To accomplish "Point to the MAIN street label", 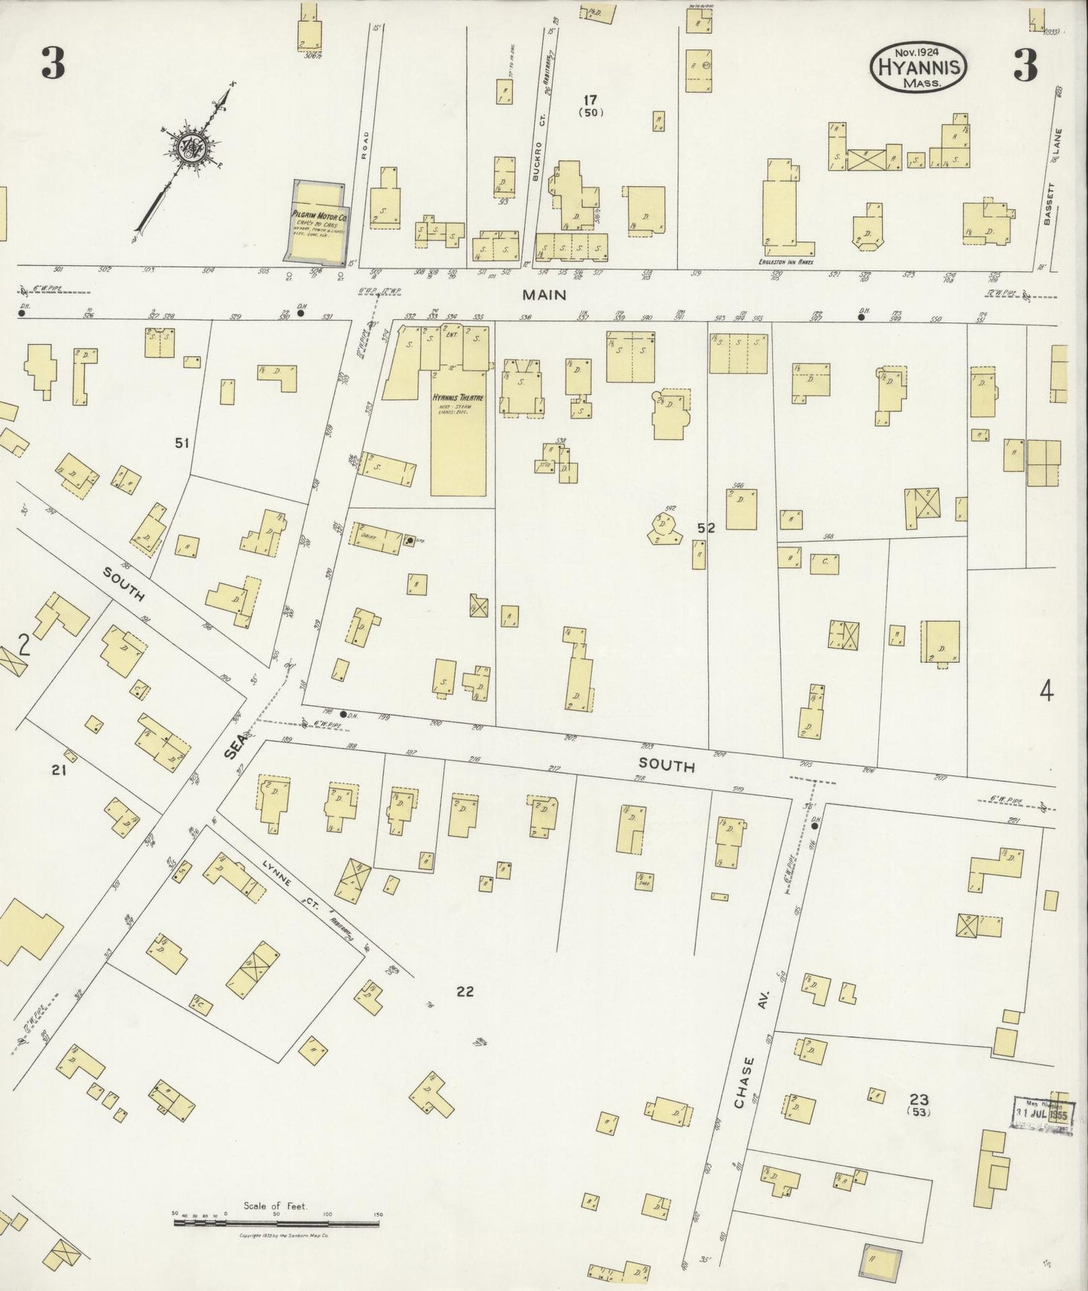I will (544, 295).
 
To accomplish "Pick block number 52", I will (706, 529).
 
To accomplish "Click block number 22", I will (465, 991).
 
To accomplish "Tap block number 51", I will (181, 443).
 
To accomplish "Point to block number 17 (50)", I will (591, 105).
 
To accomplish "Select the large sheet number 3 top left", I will (53, 66).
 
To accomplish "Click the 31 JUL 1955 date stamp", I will (1041, 1113).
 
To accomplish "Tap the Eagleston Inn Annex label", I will (786, 262).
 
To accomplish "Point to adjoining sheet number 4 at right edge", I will (1046, 691).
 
